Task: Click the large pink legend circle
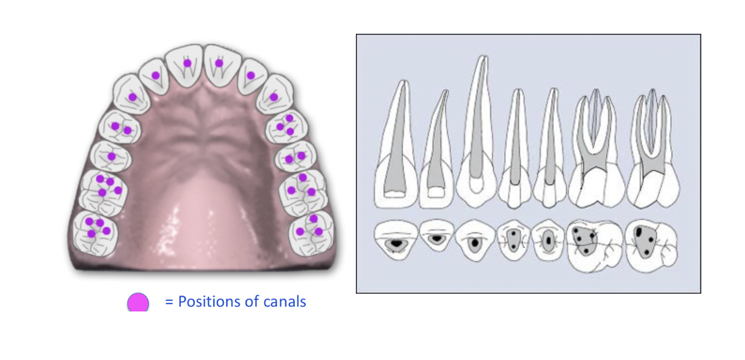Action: (138, 302)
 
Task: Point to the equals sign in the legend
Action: (169, 302)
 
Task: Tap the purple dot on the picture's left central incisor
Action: (187, 63)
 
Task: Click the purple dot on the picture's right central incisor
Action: (219, 63)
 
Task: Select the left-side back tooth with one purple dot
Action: (111, 156)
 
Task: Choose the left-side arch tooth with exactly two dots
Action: (120, 128)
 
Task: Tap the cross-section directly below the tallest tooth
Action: (475, 243)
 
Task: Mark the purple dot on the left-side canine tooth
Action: (132, 97)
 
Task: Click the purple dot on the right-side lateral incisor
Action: (250, 75)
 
